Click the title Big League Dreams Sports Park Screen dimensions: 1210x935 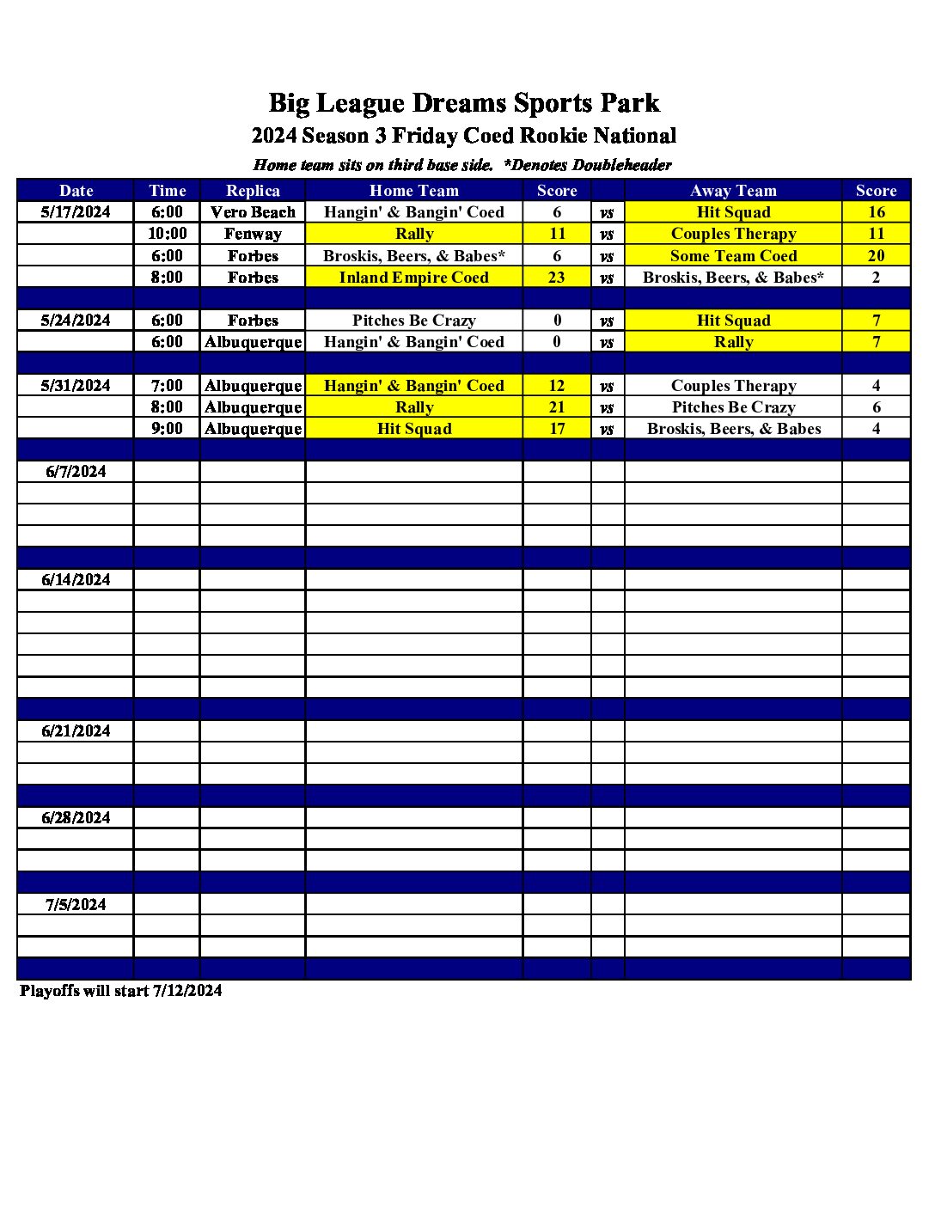[x=464, y=103]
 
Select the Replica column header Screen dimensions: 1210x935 [x=253, y=191]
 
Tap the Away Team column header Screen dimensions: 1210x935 [x=733, y=191]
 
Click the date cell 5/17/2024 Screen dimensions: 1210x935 [x=76, y=212]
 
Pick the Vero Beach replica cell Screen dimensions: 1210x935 [x=253, y=212]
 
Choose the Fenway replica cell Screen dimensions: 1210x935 [x=253, y=234]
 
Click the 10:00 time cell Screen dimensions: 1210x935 [x=167, y=234]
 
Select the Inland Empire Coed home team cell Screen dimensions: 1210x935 [x=413, y=278]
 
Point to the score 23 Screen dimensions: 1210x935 [x=557, y=278]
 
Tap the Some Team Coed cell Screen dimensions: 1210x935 [x=733, y=256]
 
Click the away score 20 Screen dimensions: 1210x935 [x=876, y=256]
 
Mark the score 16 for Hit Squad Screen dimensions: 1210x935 [x=876, y=212]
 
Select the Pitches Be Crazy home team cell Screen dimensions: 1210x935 [x=413, y=321]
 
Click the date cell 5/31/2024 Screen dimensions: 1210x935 [x=76, y=386]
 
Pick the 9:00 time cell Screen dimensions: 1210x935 [x=167, y=429]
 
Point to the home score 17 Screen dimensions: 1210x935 [x=557, y=429]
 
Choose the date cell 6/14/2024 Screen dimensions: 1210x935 [x=76, y=580]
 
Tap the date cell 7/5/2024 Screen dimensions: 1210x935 [x=76, y=905]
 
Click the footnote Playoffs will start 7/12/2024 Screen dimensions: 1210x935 [x=121, y=991]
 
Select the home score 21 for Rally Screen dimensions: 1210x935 [x=557, y=407]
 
